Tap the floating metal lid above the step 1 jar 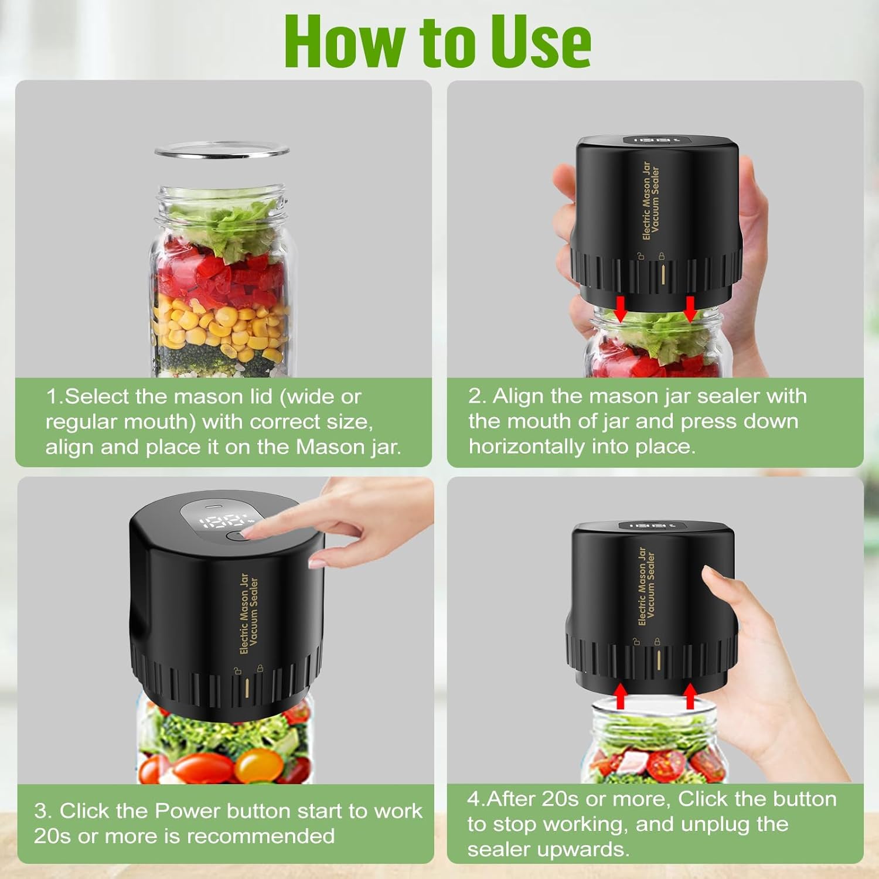click(222, 151)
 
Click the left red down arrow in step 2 click(621, 308)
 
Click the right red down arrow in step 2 click(690, 308)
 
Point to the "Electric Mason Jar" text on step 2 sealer click(646, 200)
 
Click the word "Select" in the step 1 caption click(96, 397)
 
